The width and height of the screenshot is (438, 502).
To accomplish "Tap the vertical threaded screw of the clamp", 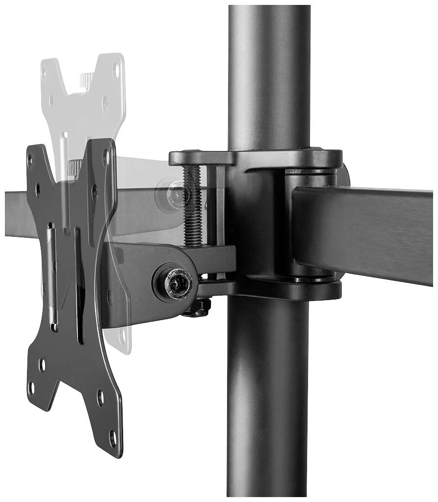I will point(193,206).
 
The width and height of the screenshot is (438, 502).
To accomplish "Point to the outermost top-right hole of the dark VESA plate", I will point(105,157).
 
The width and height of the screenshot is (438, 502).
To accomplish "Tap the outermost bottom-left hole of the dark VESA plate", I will point(32,387).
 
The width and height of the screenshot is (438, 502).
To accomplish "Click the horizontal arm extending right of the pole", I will point(368,230).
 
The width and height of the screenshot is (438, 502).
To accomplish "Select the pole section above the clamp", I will point(269,74).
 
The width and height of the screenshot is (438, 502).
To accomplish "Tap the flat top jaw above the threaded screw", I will point(201,158).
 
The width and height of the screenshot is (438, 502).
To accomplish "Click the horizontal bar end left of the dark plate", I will point(15,213).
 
